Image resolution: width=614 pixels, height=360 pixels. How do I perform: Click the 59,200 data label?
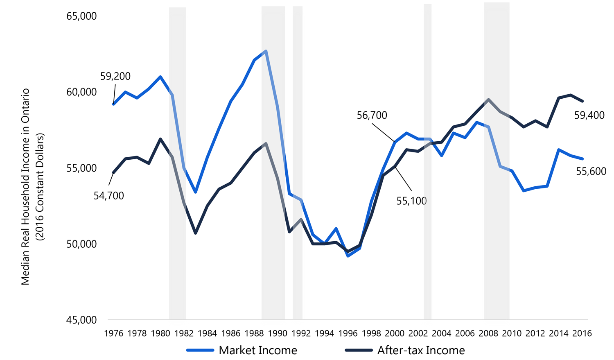click(x=115, y=76)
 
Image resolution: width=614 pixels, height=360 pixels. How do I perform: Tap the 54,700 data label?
click(x=108, y=196)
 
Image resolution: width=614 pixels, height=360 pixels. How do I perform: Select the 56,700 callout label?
click(x=372, y=115)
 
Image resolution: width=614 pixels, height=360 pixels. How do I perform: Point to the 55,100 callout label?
click(x=411, y=201)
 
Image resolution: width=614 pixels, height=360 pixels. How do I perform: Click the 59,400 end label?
click(x=589, y=115)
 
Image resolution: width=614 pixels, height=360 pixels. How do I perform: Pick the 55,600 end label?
click(x=591, y=172)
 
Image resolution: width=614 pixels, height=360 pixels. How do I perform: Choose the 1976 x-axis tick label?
click(x=114, y=333)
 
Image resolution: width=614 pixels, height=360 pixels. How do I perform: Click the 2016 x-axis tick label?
click(x=582, y=333)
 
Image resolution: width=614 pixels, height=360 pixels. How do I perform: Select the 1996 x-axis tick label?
click(x=348, y=333)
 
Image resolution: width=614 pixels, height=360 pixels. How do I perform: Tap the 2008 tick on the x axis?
click(x=488, y=333)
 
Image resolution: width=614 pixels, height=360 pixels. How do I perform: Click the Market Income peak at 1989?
click(x=266, y=51)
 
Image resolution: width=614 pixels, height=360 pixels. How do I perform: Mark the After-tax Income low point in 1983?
click(x=196, y=233)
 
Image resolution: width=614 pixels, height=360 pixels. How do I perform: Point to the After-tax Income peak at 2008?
click(x=488, y=100)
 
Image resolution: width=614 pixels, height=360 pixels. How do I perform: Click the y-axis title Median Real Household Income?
click(x=25, y=186)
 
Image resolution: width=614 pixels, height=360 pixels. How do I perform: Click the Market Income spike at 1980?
click(x=160, y=77)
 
